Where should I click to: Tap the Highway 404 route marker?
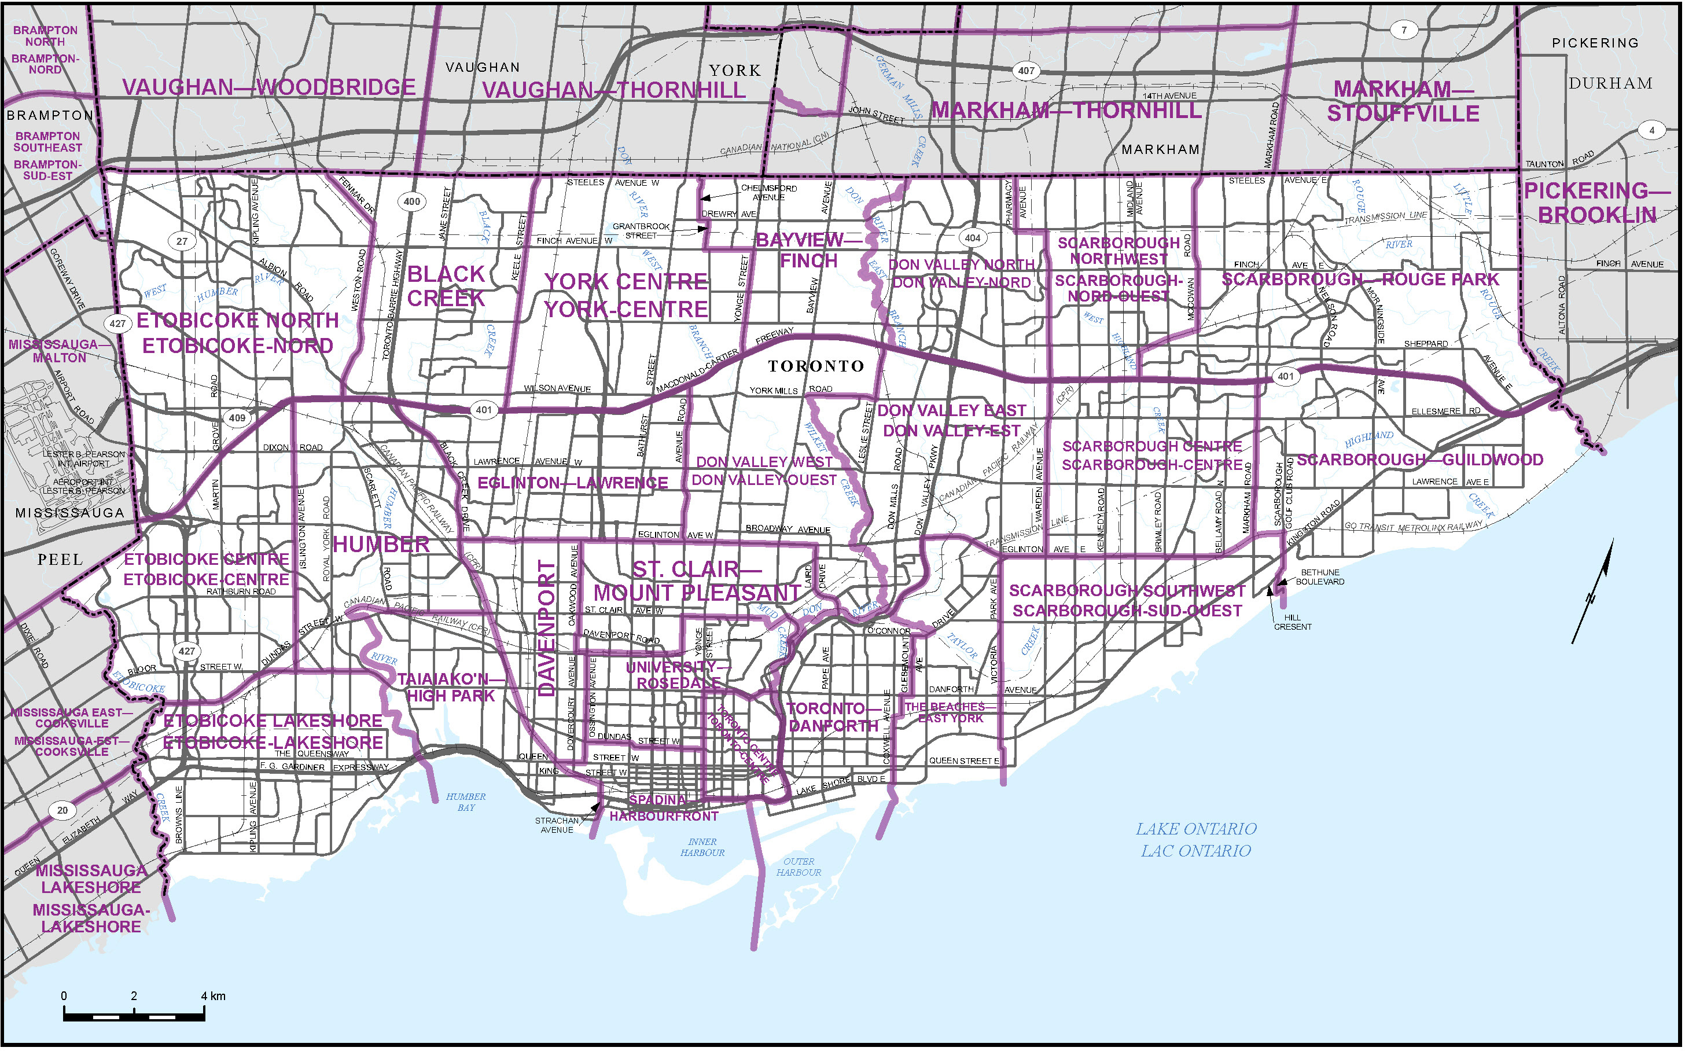coord(972,238)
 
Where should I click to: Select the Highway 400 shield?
coord(412,201)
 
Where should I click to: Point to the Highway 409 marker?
coord(237,418)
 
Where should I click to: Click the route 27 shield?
coord(182,241)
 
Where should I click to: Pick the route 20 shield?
coord(62,810)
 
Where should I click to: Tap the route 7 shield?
coord(1404,30)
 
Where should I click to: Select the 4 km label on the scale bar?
coord(214,996)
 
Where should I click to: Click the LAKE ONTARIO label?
coord(1196,829)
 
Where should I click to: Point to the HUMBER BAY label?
coord(466,802)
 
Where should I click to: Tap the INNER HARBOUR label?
coord(702,847)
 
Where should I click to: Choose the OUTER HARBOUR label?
coord(799,867)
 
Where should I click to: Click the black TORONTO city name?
coord(816,366)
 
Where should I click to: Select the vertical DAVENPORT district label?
coord(547,629)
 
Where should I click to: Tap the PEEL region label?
coord(60,560)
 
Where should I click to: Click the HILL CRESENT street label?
coord(1293,622)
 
